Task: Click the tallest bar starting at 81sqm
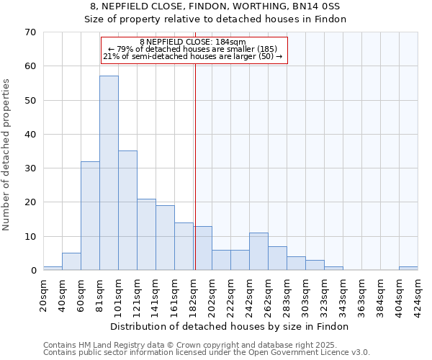click(x=109, y=173)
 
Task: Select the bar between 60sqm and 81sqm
click(x=90, y=216)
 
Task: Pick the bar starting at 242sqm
click(x=258, y=251)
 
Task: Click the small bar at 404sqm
click(x=408, y=269)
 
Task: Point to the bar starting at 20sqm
click(x=53, y=269)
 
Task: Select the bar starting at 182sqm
click(x=202, y=248)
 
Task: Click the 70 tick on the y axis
click(x=30, y=32)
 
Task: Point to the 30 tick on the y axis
click(x=30, y=168)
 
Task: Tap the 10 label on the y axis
click(x=30, y=237)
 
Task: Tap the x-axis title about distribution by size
click(x=230, y=326)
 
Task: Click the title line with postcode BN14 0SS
click(x=215, y=6)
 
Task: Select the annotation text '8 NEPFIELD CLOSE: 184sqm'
click(x=193, y=42)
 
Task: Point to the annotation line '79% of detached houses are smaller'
click(x=193, y=49)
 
